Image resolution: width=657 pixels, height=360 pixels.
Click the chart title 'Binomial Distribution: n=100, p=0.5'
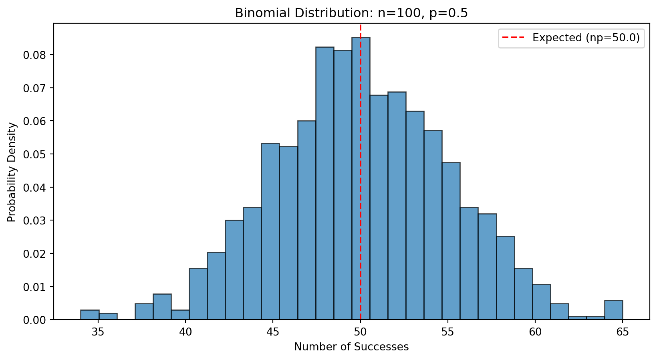click(x=351, y=13)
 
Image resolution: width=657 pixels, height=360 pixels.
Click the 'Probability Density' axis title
click(x=12, y=172)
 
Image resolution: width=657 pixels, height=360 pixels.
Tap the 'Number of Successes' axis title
click(x=351, y=347)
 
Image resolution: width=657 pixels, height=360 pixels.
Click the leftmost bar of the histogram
click(x=90, y=315)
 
